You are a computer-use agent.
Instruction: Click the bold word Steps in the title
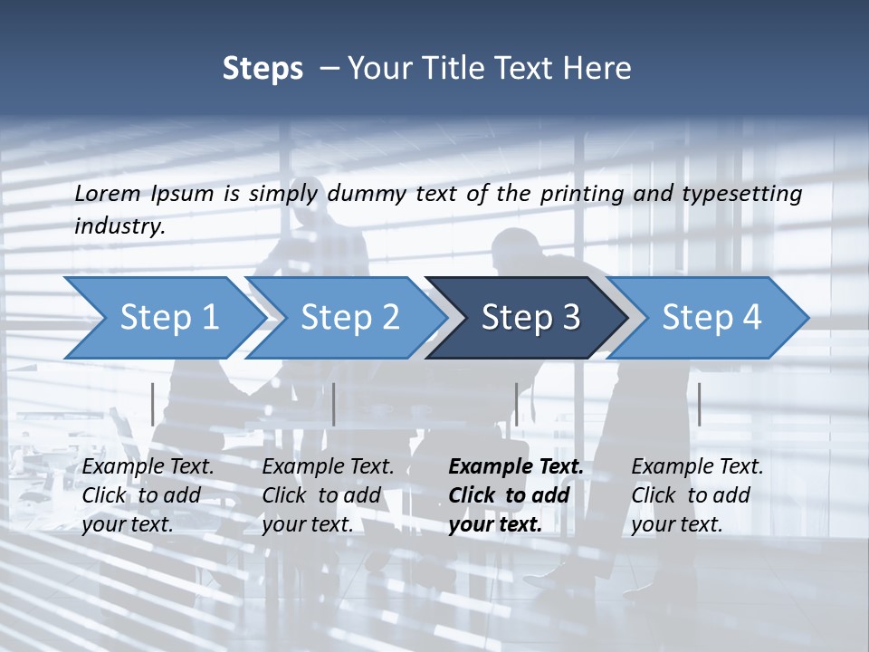point(263,69)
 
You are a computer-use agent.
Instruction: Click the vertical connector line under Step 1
point(153,404)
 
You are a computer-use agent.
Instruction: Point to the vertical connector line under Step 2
point(334,404)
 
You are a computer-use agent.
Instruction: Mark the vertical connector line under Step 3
point(516,404)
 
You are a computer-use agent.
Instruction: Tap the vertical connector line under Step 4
point(699,404)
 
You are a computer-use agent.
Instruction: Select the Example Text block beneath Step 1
point(148,495)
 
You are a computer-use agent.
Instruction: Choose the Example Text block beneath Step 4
point(697,495)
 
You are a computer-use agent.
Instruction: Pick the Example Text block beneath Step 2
point(328,495)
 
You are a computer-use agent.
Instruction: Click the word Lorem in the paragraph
point(108,194)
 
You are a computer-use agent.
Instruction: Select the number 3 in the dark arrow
point(571,318)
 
